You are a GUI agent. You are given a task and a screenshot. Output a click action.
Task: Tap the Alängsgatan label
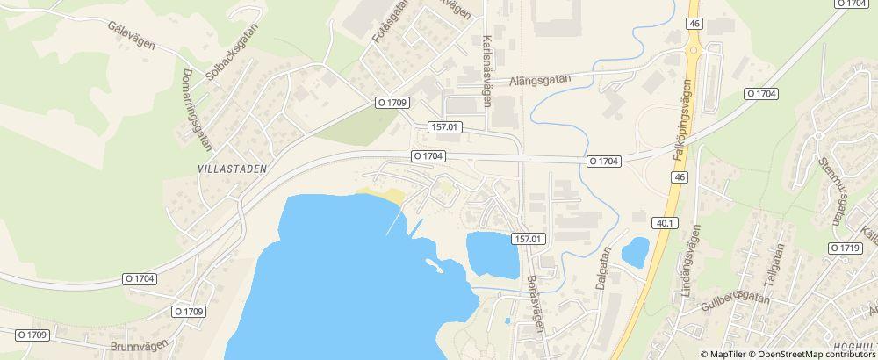click(x=541, y=80)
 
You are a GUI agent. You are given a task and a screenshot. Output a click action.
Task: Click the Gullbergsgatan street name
click(x=736, y=303)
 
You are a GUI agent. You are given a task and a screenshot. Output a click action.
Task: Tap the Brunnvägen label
click(x=140, y=345)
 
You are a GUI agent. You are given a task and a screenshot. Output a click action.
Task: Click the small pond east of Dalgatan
click(x=635, y=252)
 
